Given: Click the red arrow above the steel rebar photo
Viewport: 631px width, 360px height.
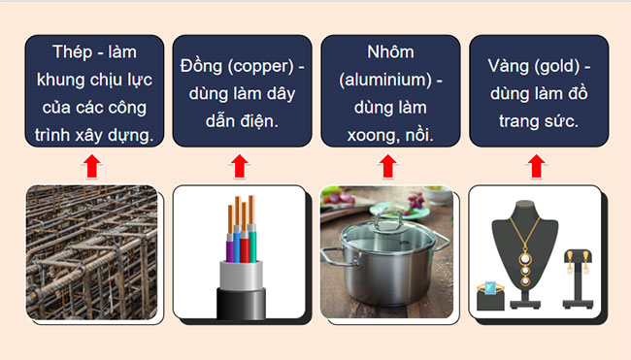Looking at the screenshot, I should click(91, 167).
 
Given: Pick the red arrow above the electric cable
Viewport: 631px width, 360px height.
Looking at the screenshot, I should click(239, 167).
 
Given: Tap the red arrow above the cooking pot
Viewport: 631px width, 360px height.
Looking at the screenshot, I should click(386, 167).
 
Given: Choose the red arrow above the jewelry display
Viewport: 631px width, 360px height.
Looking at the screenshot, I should click(535, 167).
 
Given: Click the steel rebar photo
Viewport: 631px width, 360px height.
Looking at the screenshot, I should click(91, 252).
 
